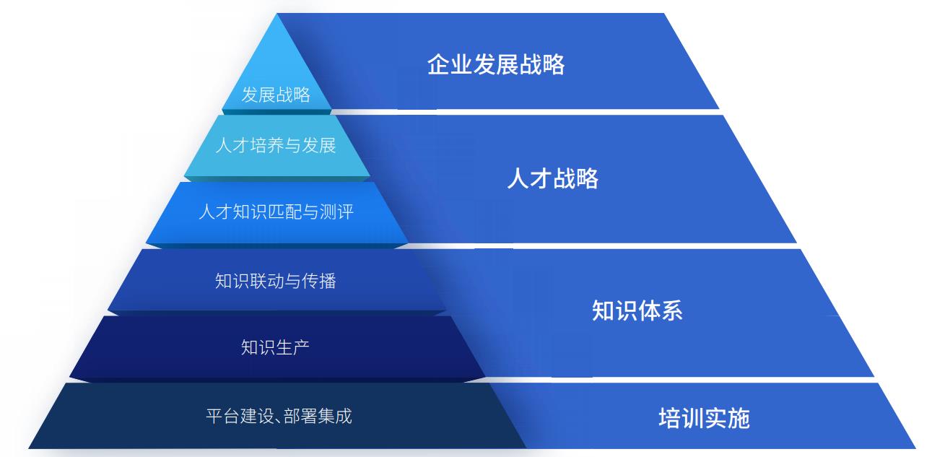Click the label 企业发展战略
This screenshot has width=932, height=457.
[x=496, y=64]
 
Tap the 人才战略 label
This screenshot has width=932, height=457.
[x=552, y=178]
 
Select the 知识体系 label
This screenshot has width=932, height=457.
[x=637, y=310]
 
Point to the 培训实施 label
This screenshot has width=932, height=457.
[x=704, y=418]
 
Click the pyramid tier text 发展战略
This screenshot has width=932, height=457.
[x=276, y=95]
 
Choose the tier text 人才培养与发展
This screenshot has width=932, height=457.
[x=276, y=145]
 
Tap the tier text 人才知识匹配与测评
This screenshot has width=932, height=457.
[x=276, y=212]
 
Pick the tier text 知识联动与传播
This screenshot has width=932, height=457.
[x=276, y=281]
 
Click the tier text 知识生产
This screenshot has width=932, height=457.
[x=275, y=347]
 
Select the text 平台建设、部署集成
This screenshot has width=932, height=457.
[x=279, y=417]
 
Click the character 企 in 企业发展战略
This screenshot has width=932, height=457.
[x=439, y=64]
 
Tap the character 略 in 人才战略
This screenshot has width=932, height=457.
[x=587, y=178]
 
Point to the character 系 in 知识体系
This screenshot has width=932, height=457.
[x=671, y=310]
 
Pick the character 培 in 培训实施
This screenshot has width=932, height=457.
[x=670, y=418]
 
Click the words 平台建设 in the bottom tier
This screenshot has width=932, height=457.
[x=240, y=417]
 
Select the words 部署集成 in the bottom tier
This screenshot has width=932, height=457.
[x=318, y=417]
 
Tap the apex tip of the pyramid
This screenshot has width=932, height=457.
[x=276, y=14]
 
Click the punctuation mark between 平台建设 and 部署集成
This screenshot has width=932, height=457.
[x=279, y=421]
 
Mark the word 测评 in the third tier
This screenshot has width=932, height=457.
[x=337, y=212]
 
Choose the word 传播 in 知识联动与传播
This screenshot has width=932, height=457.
[x=319, y=281]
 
